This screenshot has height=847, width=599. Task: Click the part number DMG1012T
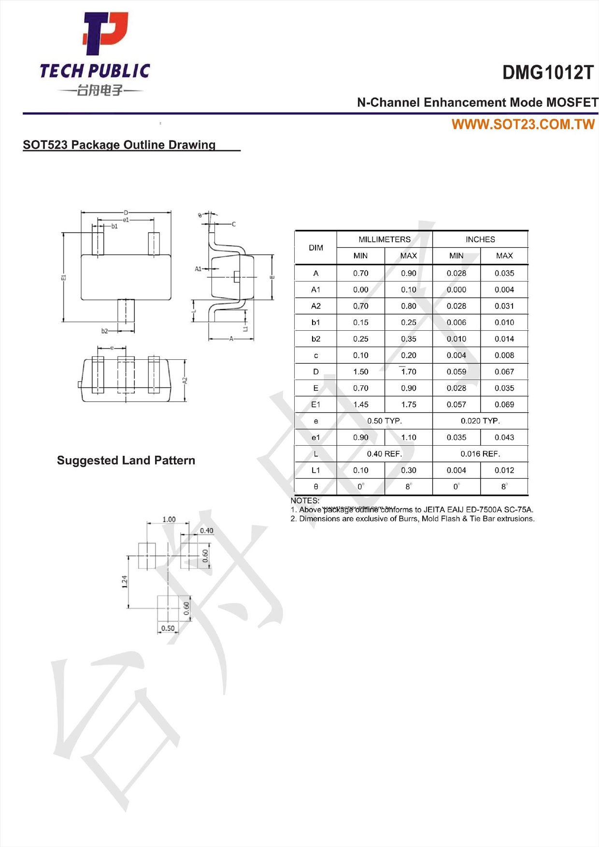tap(547, 73)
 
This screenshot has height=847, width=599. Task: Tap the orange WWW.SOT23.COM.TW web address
tap(523, 125)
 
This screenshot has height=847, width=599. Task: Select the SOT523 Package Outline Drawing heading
tap(119, 145)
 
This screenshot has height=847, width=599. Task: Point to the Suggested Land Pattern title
tap(126, 460)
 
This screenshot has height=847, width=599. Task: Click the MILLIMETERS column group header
tap(384, 240)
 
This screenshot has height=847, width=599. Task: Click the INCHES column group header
tap(480, 240)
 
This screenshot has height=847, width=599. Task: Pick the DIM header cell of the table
tap(315, 248)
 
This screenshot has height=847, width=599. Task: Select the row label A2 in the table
tap(315, 306)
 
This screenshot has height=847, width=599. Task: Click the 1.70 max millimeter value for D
tap(408, 372)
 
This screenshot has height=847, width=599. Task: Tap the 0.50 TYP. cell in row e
tap(384, 421)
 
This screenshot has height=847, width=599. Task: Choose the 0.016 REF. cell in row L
tap(480, 454)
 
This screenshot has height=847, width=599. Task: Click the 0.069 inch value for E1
tap(504, 405)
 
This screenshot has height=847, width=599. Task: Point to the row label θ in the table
tap(315, 487)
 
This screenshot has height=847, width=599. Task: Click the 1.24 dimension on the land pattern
tap(125, 581)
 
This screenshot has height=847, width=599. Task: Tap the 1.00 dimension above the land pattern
tap(169, 520)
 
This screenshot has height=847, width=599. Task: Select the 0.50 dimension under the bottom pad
tap(168, 628)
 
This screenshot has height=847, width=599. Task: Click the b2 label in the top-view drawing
tap(105, 331)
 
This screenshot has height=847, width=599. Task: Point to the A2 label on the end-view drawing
tap(185, 381)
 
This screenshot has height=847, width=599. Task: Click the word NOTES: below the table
tap(305, 501)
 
